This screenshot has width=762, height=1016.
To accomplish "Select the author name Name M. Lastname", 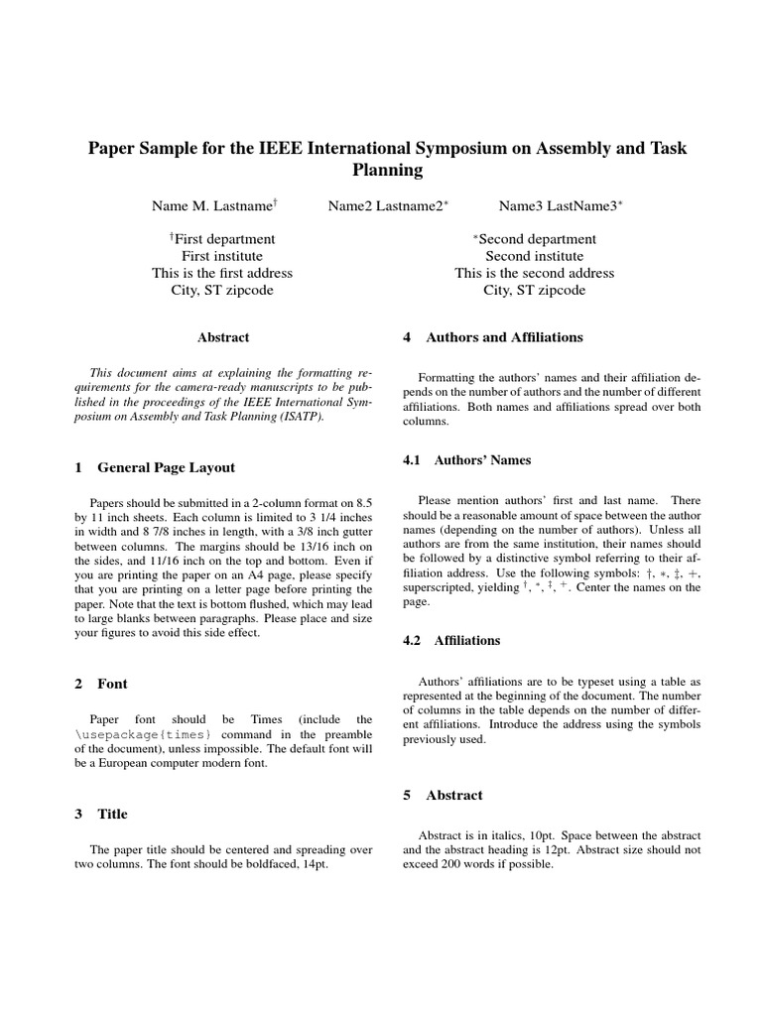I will click(212, 205).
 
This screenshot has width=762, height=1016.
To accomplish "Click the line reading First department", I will click(223, 239).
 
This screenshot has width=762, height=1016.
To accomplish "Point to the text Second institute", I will click(534, 256).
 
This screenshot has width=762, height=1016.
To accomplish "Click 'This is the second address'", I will click(534, 273).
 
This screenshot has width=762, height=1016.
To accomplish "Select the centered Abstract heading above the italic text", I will click(223, 337).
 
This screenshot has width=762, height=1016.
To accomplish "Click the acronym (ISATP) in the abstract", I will click(300, 417).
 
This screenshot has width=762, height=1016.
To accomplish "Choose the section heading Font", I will click(112, 684).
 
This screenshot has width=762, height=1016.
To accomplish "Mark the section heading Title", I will click(112, 814).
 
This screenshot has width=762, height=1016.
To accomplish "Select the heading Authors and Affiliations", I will click(504, 337).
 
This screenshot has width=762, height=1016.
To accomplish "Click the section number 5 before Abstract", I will click(407, 795).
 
